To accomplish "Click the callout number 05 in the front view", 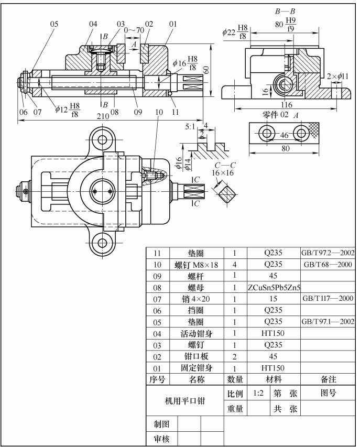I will [54, 24].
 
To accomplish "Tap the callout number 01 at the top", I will [173, 24].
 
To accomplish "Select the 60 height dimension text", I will [207, 70].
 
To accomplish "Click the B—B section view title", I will [285, 11].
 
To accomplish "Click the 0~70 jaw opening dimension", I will [134, 30].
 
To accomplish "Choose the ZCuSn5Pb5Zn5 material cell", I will [274, 287].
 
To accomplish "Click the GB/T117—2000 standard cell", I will [328, 299].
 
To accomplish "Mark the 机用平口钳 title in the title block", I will [185, 401].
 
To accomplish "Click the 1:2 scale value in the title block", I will [258, 393].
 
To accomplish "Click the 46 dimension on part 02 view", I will [284, 135].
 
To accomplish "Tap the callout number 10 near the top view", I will [159, 112].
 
